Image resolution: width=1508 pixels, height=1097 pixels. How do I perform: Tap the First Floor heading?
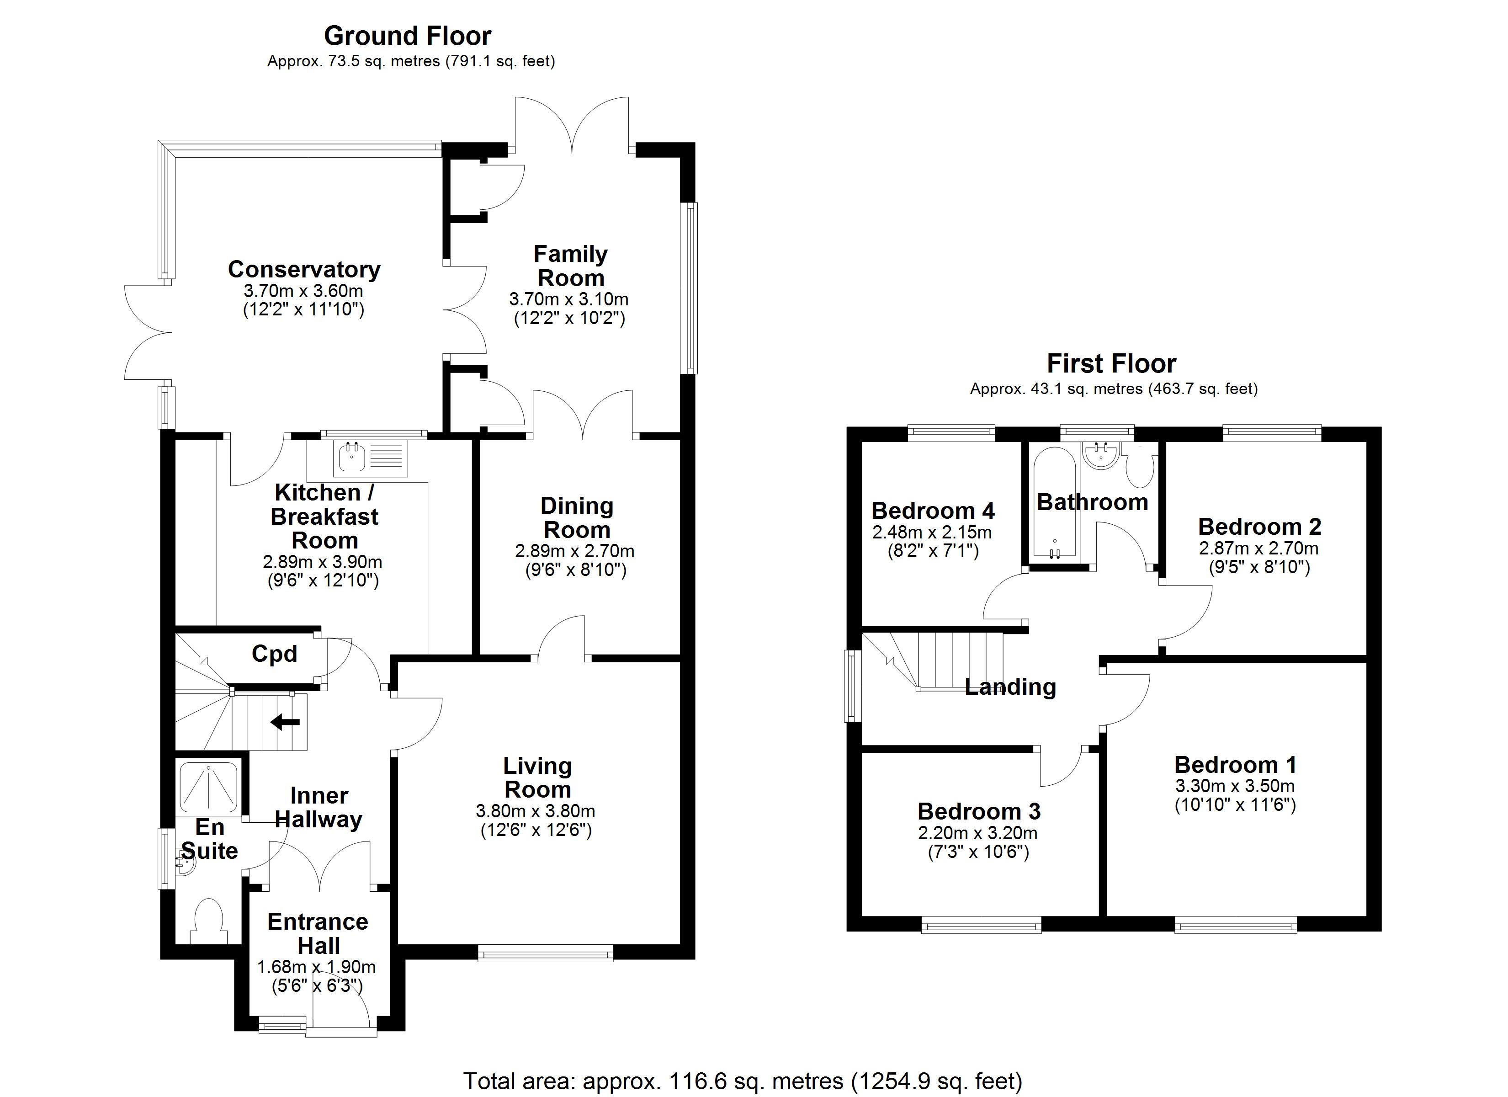coord(1112,364)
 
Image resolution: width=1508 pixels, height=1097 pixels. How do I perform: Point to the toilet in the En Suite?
coord(209,921)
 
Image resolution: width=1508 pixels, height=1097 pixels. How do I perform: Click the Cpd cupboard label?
coord(274,654)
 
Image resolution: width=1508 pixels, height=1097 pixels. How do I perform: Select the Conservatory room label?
coord(304,269)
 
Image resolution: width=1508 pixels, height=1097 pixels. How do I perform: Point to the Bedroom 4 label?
coord(933,511)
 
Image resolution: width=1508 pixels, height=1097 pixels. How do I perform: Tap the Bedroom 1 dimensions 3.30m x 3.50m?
coord(1235,786)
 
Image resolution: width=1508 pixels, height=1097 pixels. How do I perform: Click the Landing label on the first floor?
coord(1010,687)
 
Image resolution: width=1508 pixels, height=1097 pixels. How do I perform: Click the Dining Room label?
coord(577,518)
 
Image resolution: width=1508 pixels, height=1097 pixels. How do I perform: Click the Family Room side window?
coord(691,288)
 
